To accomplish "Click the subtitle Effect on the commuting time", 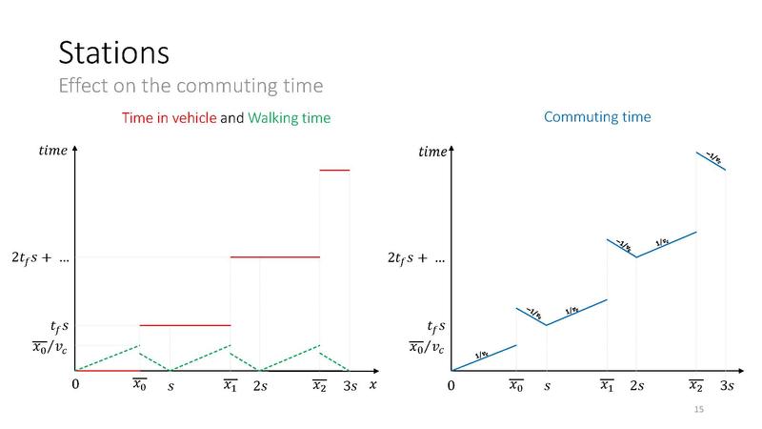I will point(190,86).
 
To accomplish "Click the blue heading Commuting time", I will point(597,117).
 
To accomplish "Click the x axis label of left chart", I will point(373,384).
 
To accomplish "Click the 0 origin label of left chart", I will point(75,385).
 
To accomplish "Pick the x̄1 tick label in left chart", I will point(231,385).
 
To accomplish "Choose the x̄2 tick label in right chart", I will point(697,385).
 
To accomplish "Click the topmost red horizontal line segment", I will point(334,170).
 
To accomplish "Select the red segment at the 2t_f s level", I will point(274,256).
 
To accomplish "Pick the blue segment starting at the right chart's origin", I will point(485,357).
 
